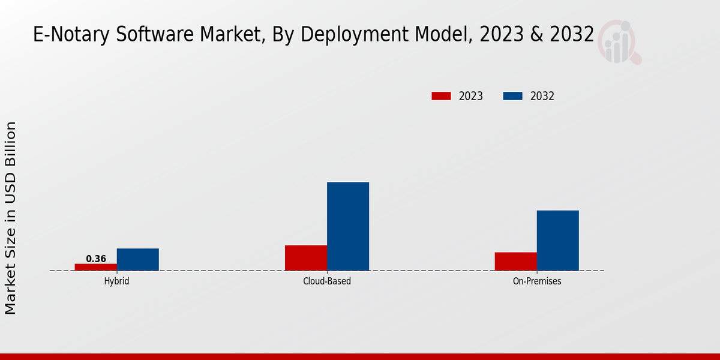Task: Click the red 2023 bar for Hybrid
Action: point(96,267)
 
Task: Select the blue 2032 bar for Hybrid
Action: point(138,259)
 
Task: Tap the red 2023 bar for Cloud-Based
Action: point(306,257)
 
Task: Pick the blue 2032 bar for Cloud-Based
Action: point(348,226)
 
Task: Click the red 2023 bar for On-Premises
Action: point(516,261)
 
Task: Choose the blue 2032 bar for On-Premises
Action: point(558,240)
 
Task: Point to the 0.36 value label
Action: point(96,259)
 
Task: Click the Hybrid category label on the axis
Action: point(116,281)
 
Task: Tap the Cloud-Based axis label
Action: point(327,281)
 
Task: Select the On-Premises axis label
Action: point(537,281)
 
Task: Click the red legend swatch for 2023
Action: point(441,96)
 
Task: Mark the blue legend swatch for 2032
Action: point(512,96)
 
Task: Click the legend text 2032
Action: point(542,96)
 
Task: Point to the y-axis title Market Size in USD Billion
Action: point(11,218)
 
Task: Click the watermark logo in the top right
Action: point(618,41)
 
